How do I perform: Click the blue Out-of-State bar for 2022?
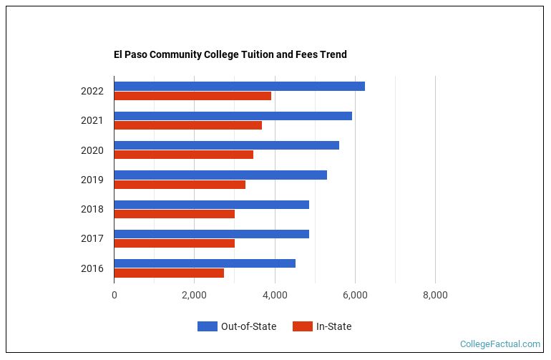pos(239,87)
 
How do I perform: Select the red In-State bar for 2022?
pos(192,96)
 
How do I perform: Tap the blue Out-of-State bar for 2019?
pos(220,175)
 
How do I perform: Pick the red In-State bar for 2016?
pos(169,273)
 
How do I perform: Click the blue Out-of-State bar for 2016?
pos(205,263)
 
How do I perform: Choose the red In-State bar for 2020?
pos(183,155)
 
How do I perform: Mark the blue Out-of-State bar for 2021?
pos(233,116)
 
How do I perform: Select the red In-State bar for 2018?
pos(174,214)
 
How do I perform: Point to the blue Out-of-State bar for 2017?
pos(211,234)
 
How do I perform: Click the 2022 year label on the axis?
pos(92,92)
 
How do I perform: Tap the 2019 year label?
pos(92,180)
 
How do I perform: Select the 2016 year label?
pos(92,268)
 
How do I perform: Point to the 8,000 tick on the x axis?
pos(435,295)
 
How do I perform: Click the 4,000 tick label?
pos(275,295)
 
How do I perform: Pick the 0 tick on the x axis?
pos(114,295)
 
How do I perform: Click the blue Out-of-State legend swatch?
pos(207,326)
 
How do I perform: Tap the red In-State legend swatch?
pos(303,326)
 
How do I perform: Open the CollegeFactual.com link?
pos(499,344)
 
